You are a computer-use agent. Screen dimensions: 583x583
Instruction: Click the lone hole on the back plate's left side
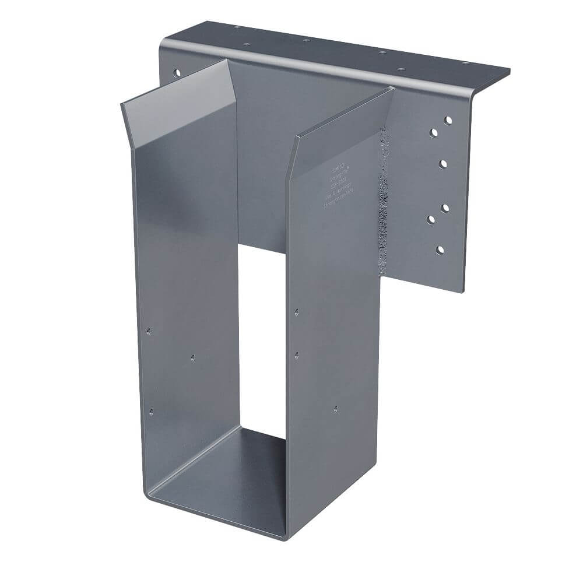tap(174, 74)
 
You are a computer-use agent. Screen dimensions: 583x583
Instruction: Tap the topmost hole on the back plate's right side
tap(448, 120)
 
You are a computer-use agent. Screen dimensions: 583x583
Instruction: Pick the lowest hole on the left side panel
tap(151, 412)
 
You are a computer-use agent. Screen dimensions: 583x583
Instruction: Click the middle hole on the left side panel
tap(193, 357)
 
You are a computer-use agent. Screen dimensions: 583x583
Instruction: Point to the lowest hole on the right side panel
tap(335, 409)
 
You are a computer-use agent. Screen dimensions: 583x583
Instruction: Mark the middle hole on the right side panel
tap(297, 354)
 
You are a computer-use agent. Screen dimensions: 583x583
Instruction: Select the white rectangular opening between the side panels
tap(262, 338)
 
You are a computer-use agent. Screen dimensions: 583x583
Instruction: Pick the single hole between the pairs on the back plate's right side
tap(444, 163)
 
